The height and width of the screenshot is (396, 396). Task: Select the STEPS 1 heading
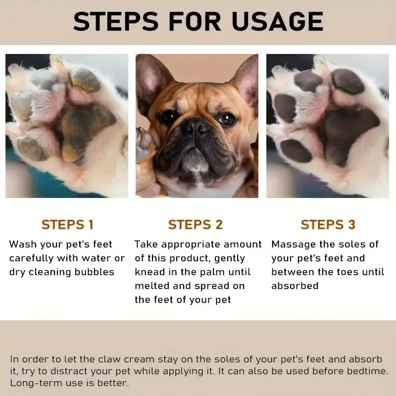click(67, 225)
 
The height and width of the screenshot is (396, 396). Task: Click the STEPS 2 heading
click(196, 225)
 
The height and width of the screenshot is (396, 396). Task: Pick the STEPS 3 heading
click(328, 225)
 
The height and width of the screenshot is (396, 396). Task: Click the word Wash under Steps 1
click(23, 244)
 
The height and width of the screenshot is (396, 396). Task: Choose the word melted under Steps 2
click(151, 286)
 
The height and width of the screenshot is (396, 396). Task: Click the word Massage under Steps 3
click(293, 244)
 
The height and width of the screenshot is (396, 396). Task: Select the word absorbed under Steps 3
click(295, 286)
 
